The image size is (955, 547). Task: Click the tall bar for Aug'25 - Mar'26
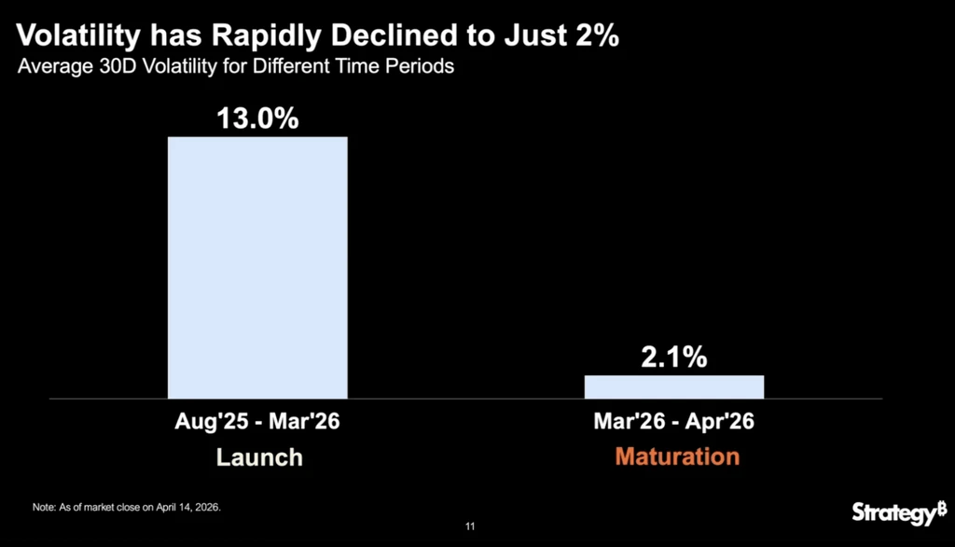click(257, 268)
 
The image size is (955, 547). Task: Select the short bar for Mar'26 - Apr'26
click(674, 387)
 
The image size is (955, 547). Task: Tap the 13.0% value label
click(257, 119)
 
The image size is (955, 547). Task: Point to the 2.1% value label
click(674, 357)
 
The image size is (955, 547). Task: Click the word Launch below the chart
click(259, 457)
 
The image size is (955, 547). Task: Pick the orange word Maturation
click(677, 456)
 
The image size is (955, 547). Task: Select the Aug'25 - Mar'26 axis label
click(257, 421)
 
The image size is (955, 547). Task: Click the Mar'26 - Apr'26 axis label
click(674, 421)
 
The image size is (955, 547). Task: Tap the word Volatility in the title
click(78, 36)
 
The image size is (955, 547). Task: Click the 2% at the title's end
click(597, 35)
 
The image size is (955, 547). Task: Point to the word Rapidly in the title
click(266, 36)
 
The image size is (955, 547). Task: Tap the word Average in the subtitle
click(55, 66)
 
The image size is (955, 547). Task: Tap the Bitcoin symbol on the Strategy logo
click(942, 508)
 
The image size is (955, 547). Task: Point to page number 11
click(470, 526)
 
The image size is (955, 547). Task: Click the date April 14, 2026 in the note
click(187, 508)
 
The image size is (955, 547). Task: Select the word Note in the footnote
click(43, 508)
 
